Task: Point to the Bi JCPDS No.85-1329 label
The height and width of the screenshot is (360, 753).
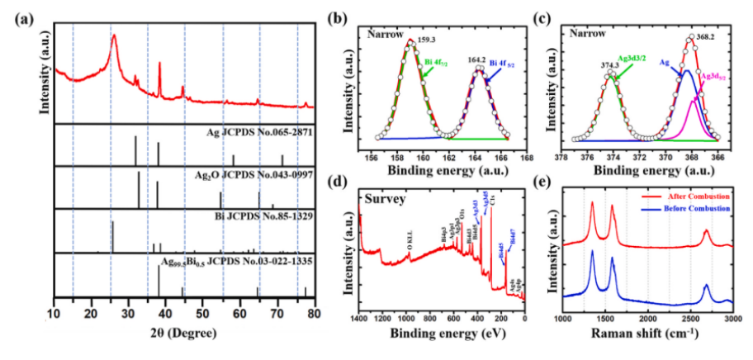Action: (x=265, y=217)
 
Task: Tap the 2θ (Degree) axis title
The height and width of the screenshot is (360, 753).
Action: (x=183, y=335)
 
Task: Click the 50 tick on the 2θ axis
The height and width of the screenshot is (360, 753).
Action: (x=203, y=316)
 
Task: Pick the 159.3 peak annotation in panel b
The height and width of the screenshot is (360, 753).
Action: (x=427, y=38)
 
